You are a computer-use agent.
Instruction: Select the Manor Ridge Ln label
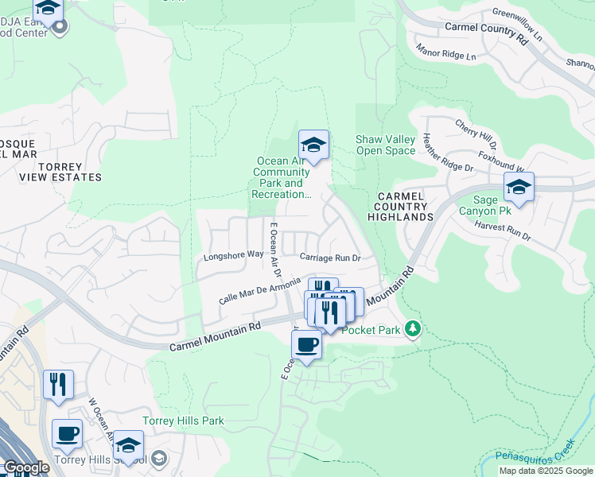(x=446, y=52)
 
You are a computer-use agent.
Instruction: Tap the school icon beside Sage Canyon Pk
(x=519, y=188)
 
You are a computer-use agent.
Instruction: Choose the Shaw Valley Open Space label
(x=385, y=145)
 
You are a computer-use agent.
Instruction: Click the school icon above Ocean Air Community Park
(x=313, y=146)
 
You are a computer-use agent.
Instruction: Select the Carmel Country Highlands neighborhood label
(x=405, y=206)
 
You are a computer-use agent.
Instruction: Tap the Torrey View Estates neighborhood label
(x=60, y=172)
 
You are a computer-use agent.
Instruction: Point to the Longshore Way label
(x=233, y=255)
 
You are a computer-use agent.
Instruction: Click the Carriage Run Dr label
(x=330, y=258)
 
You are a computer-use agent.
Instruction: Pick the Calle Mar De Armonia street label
(x=260, y=289)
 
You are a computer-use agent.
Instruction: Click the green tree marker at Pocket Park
(x=412, y=328)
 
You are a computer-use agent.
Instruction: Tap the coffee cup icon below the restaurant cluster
(x=307, y=345)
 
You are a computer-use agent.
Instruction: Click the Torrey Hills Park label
(x=183, y=421)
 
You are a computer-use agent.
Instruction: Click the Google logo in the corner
(x=25, y=468)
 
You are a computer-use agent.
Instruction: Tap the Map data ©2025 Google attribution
(x=545, y=471)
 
